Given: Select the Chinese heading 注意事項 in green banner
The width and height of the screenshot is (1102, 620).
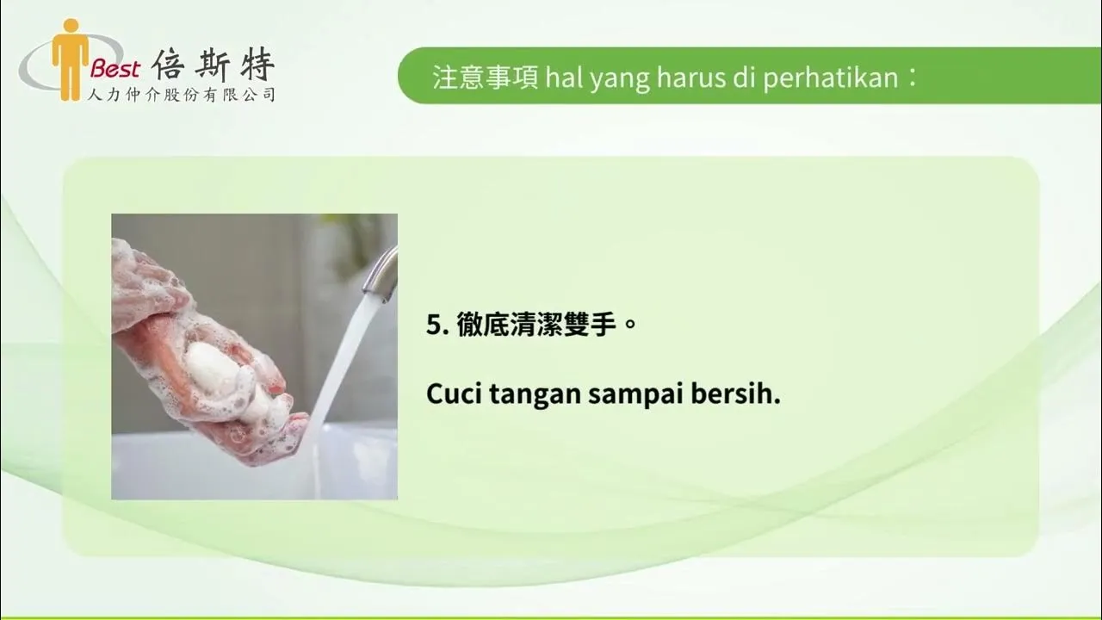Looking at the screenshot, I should tap(486, 77).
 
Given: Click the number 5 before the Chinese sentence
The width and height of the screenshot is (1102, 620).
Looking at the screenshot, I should tap(433, 326).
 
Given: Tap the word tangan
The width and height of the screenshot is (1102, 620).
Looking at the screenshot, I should tap(534, 396).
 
